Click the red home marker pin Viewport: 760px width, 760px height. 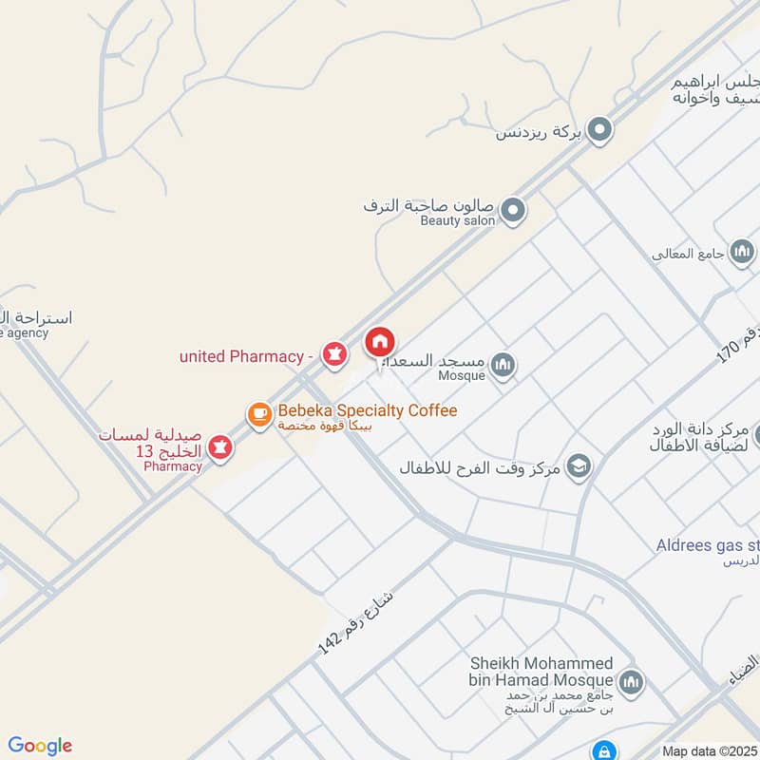pos(380,343)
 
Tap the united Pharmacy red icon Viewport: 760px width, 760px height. pos(332,355)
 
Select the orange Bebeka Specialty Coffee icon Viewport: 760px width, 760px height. pos(259,415)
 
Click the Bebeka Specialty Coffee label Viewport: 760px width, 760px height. pos(367,410)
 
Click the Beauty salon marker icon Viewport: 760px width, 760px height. pos(513,209)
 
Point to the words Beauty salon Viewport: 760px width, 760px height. pos(458,220)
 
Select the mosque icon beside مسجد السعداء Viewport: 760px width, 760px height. pos(503,364)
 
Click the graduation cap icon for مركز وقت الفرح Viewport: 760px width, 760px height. pos(578,465)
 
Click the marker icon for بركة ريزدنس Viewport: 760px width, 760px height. pos(599,130)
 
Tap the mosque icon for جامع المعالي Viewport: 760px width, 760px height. pos(743,252)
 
